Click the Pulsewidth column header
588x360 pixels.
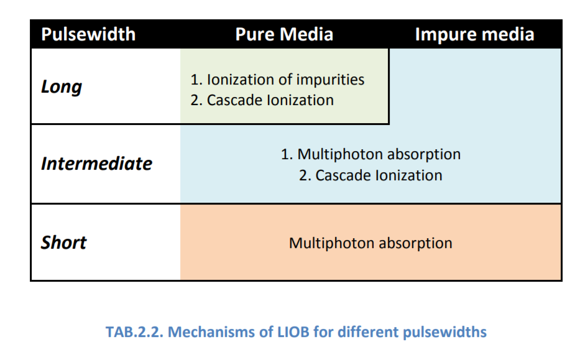tap(88, 34)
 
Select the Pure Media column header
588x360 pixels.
tap(284, 34)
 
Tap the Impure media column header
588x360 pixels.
tap(474, 34)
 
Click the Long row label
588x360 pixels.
tap(62, 87)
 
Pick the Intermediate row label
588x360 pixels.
tap(96, 164)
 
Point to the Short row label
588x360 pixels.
tap(64, 242)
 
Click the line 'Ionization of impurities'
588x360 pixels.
tap(285, 80)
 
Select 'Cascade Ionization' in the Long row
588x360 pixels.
tap(270, 100)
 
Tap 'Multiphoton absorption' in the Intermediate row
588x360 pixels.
tap(379, 154)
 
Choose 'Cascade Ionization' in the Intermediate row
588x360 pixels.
tap(379, 175)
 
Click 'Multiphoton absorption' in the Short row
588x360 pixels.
tap(370, 243)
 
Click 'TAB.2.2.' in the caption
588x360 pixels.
tap(134, 332)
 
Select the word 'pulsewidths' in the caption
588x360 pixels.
tap(445, 332)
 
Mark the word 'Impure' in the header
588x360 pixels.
tap(446, 34)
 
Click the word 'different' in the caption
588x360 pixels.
tap(367, 332)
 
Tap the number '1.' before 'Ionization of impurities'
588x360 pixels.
tap(196, 80)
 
